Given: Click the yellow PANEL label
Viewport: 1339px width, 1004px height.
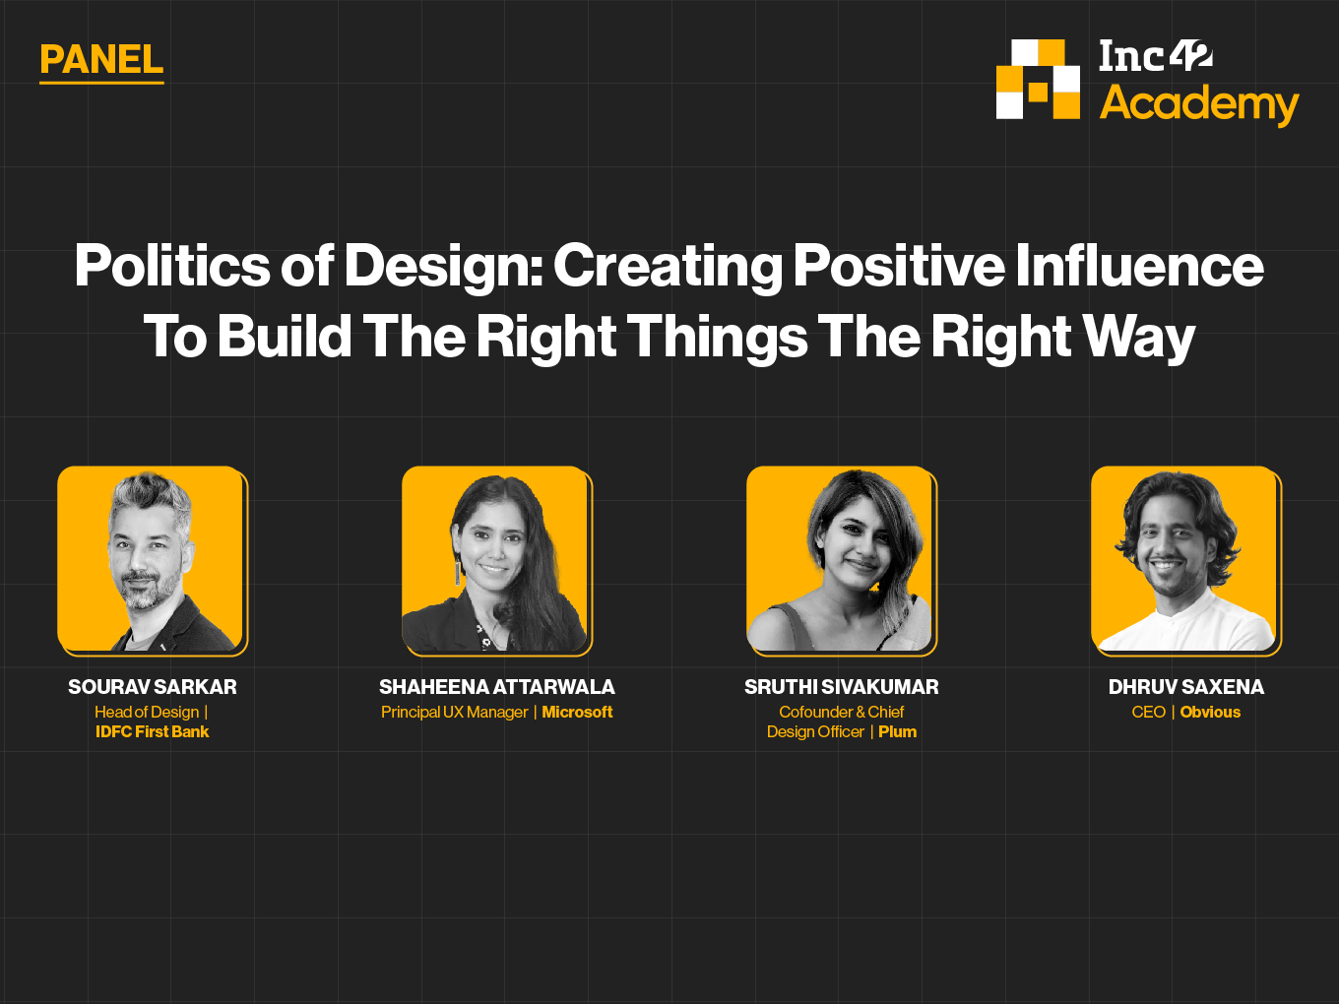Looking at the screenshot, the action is pyautogui.click(x=101, y=60).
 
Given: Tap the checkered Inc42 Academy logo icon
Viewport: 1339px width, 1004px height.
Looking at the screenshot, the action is pyautogui.click(x=1038, y=79).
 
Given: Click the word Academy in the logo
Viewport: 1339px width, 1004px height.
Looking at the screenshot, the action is pyautogui.click(x=1199, y=104).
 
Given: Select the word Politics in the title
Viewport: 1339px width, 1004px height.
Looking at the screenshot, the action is pyautogui.click(x=172, y=266).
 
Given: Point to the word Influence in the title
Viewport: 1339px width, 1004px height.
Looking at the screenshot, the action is pyautogui.click(x=1139, y=266).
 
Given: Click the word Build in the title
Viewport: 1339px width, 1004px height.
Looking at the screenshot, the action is pyautogui.click(x=285, y=337).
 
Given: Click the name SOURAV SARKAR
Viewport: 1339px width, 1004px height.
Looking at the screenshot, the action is pyautogui.click(x=153, y=687).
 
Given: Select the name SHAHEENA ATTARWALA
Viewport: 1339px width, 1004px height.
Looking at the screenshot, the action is pyautogui.click(x=496, y=687).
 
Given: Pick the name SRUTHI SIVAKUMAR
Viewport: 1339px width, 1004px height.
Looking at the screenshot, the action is pyautogui.click(x=841, y=687).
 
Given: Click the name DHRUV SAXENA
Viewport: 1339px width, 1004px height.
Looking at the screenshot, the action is pyautogui.click(x=1185, y=687).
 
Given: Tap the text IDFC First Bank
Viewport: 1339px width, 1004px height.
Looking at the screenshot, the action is pyautogui.click(x=153, y=731).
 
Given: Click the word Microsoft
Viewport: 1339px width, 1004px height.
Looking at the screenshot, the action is pyautogui.click(x=577, y=712).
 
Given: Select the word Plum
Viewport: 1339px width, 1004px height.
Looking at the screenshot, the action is pyautogui.click(x=897, y=731).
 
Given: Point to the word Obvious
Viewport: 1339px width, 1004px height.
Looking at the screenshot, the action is pyautogui.click(x=1210, y=712).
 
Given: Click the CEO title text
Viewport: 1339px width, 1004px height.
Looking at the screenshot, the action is pyautogui.click(x=1149, y=712).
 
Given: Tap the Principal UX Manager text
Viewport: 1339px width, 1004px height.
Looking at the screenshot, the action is pyautogui.click(x=455, y=713).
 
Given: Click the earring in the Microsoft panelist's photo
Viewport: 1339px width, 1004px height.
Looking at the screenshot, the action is pyautogui.click(x=456, y=573).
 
